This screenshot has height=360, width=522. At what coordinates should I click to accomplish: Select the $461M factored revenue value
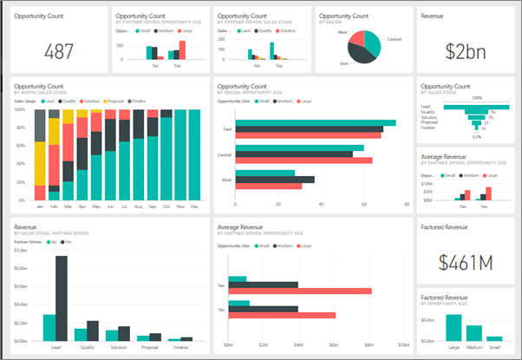click(464, 261)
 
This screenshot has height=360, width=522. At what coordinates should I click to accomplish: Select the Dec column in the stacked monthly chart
click(193, 156)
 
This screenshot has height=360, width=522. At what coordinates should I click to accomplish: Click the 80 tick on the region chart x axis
click(407, 205)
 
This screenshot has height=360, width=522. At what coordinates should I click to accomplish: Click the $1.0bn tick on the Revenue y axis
click(23, 252)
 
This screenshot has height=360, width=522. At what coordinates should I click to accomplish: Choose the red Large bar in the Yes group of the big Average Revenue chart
click(303, 291)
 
